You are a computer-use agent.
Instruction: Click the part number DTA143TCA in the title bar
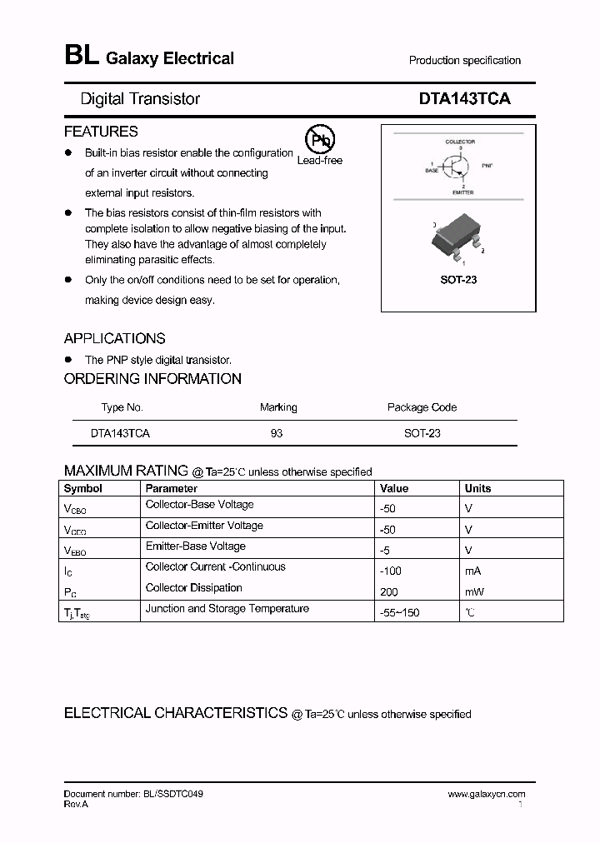pos(464,98)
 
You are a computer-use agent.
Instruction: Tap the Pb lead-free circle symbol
pos(318,139)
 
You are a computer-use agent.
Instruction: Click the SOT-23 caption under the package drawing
pos(458,280)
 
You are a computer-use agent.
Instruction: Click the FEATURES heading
pos(101,132)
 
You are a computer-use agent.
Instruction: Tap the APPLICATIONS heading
pos(114,338)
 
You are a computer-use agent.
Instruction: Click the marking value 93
pos(277,433)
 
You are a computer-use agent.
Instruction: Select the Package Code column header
pos(422,407)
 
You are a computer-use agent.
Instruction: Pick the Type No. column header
pos(122,407)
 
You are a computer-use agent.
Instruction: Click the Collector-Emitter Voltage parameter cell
pos(204,526)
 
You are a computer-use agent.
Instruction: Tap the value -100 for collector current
pos(391,571)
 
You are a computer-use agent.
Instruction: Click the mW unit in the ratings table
pos(473,592)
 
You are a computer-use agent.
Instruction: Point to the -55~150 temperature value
pos(400,613)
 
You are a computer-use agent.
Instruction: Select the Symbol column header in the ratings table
pos(83,489)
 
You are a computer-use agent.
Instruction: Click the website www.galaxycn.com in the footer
pos(486,795)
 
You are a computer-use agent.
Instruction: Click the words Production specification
pos(464,61)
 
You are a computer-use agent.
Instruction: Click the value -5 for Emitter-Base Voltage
pos(385,551)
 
